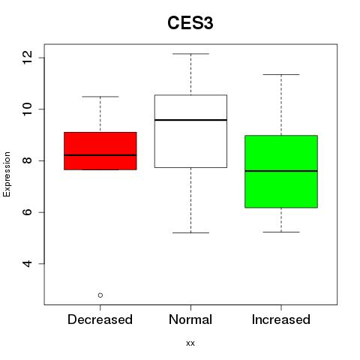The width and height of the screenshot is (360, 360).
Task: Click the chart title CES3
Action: point(190,23)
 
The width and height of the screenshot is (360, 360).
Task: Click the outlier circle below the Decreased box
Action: point(100,295)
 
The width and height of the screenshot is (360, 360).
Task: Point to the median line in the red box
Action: point(100,155)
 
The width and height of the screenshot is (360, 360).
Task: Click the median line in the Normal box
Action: point(190,120)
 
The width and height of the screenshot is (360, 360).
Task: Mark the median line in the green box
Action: point(281,171)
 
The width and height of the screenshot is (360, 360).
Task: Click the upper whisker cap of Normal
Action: point(190,54)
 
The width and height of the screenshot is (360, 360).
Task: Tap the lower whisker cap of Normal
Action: point(190,232)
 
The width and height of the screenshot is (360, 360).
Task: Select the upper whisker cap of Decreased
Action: point(100,97)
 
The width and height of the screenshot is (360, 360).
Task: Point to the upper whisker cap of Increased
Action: point(281,74)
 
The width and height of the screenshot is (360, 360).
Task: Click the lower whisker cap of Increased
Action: point(281,232)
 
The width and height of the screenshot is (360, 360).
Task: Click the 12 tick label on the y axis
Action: point(27,58)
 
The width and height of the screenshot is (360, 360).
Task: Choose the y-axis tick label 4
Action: point(27,263)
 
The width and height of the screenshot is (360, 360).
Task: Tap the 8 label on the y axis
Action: point(27,160)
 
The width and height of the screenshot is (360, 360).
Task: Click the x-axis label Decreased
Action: point(100,319)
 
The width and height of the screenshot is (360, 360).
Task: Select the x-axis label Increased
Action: point(281,319)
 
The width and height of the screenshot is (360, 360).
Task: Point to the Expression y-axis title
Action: point(7,174)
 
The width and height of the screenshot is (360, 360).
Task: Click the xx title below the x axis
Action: point(190,343)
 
